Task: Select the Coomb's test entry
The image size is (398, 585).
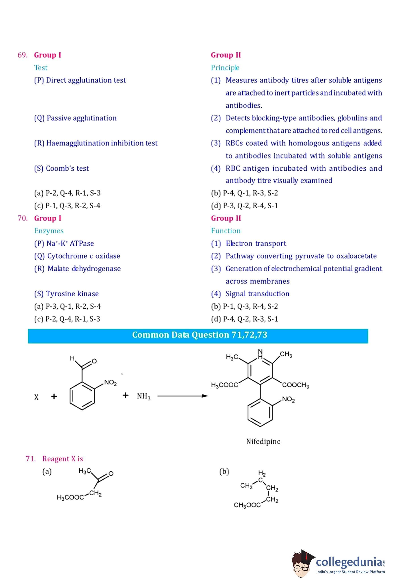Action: (x=62, y=168)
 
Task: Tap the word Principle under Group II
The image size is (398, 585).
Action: (x=225, y=67)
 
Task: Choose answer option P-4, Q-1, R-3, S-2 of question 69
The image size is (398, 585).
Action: (x=244, y=193)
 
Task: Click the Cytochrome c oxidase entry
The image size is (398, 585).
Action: (x=77, y=256)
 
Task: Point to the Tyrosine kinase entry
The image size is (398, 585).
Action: (x=66, y=294)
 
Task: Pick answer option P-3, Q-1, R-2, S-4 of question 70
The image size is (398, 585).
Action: (x=67, y=306)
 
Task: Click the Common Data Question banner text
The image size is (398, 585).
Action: (x=199, y=335)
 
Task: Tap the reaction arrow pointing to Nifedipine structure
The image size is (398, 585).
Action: (x=183, y=396)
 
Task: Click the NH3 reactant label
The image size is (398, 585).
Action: (x=144, y=396)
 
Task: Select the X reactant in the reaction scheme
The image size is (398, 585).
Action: (x=37, y=397)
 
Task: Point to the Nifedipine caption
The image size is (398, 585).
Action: (x=263, y=441)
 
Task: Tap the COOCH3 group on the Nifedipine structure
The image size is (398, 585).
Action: (x=295, y=385)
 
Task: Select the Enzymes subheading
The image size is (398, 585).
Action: (x=49, y=231)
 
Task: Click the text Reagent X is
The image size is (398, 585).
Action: (x=62, y=459)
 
